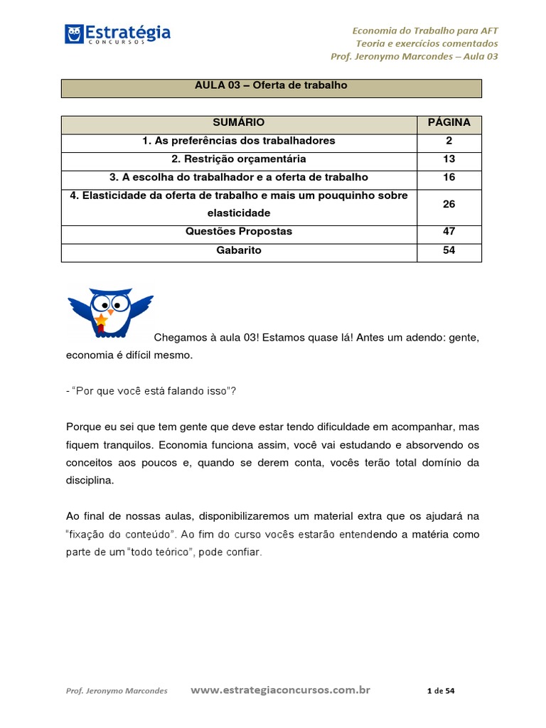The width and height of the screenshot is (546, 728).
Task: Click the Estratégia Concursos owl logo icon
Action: point(74,33)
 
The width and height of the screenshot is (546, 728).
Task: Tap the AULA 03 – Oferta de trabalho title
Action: point(271,85)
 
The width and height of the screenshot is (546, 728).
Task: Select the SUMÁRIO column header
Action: point(238,122)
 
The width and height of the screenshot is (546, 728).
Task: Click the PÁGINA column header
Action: point(449,122)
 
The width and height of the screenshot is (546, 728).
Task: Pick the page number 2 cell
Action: point(449,141)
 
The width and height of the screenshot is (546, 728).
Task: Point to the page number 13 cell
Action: point(449,159)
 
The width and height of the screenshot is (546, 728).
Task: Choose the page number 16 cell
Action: point(449,178)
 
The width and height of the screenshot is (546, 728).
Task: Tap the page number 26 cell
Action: point(449,204)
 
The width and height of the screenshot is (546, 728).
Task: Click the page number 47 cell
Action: point(449,232)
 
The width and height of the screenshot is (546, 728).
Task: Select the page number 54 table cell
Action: point(449,250)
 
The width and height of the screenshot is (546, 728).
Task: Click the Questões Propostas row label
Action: point(238,232)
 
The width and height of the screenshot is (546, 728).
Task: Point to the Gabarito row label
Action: point(238,250)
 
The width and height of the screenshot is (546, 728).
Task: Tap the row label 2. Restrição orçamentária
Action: point(238,159)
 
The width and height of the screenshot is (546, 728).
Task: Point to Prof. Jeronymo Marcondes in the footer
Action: point(116,691)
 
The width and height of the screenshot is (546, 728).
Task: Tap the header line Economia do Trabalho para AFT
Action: point(425,30)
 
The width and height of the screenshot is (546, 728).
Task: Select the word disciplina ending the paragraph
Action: point(90,481)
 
